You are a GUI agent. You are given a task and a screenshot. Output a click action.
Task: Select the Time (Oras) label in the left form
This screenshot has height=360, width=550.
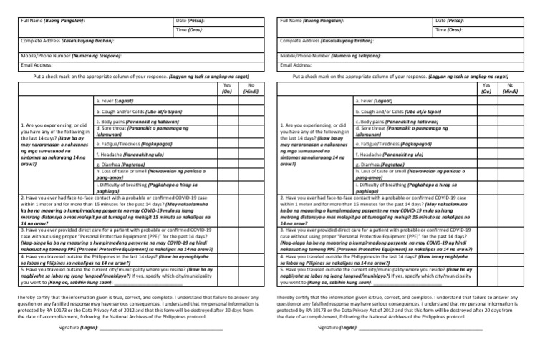pyautogui.click(x=188, y=31)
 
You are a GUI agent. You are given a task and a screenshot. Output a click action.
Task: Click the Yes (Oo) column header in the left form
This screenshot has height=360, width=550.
pyautogui.click(x=227, y=88)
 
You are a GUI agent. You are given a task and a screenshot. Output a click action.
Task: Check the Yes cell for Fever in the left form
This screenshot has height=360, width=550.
pyautogui.click(x=227, y=102)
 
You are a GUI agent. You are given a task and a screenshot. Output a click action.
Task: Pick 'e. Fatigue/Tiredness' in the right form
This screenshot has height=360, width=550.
pyautogui.click(x=391, y=143)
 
